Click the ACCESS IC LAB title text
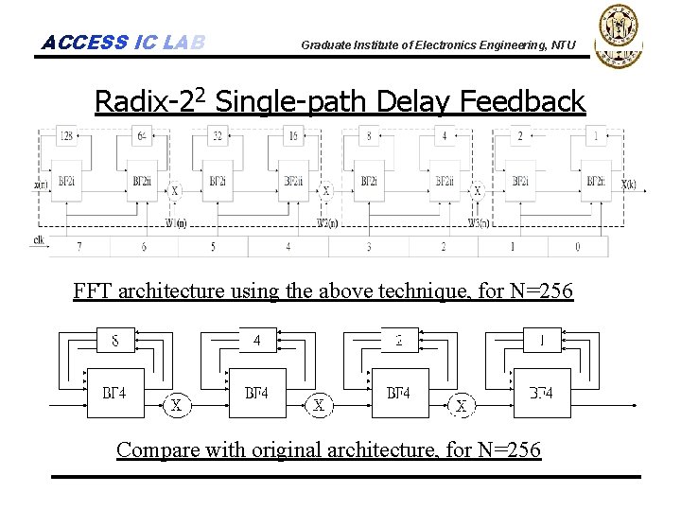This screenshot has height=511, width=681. pyautogui.click(x=123, y=43)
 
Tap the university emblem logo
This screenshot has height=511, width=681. pyautogui.click(x=617, y=35)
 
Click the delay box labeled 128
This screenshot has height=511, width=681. pyautogui.click(x=67, y=137)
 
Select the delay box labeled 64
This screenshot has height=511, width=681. pyautogui.click(x=142, y=137)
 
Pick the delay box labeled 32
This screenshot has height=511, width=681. pyautogui.click(x=218, y=137)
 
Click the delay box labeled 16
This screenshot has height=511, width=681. pyautogui.click(x=293, y=137)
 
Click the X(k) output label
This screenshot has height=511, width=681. pyautogui.click(x=628, y=185)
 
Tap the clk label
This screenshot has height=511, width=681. pyautogui.click(x=38, y=240)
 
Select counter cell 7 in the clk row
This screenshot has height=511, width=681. pyautogui.click(x=79, y=247)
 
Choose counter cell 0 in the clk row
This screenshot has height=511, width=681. pyautogui.click(x=577, y=247)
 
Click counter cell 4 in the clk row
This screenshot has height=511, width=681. pyautogui.click(x=288, y=247)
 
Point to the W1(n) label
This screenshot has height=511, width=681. pyautogui.click(x=176, y=223)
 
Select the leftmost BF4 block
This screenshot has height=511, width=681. pyautogui.click(x=115, y=393)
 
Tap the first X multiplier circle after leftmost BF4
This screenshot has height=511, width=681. pyautogui.click(x=176, y=406)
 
